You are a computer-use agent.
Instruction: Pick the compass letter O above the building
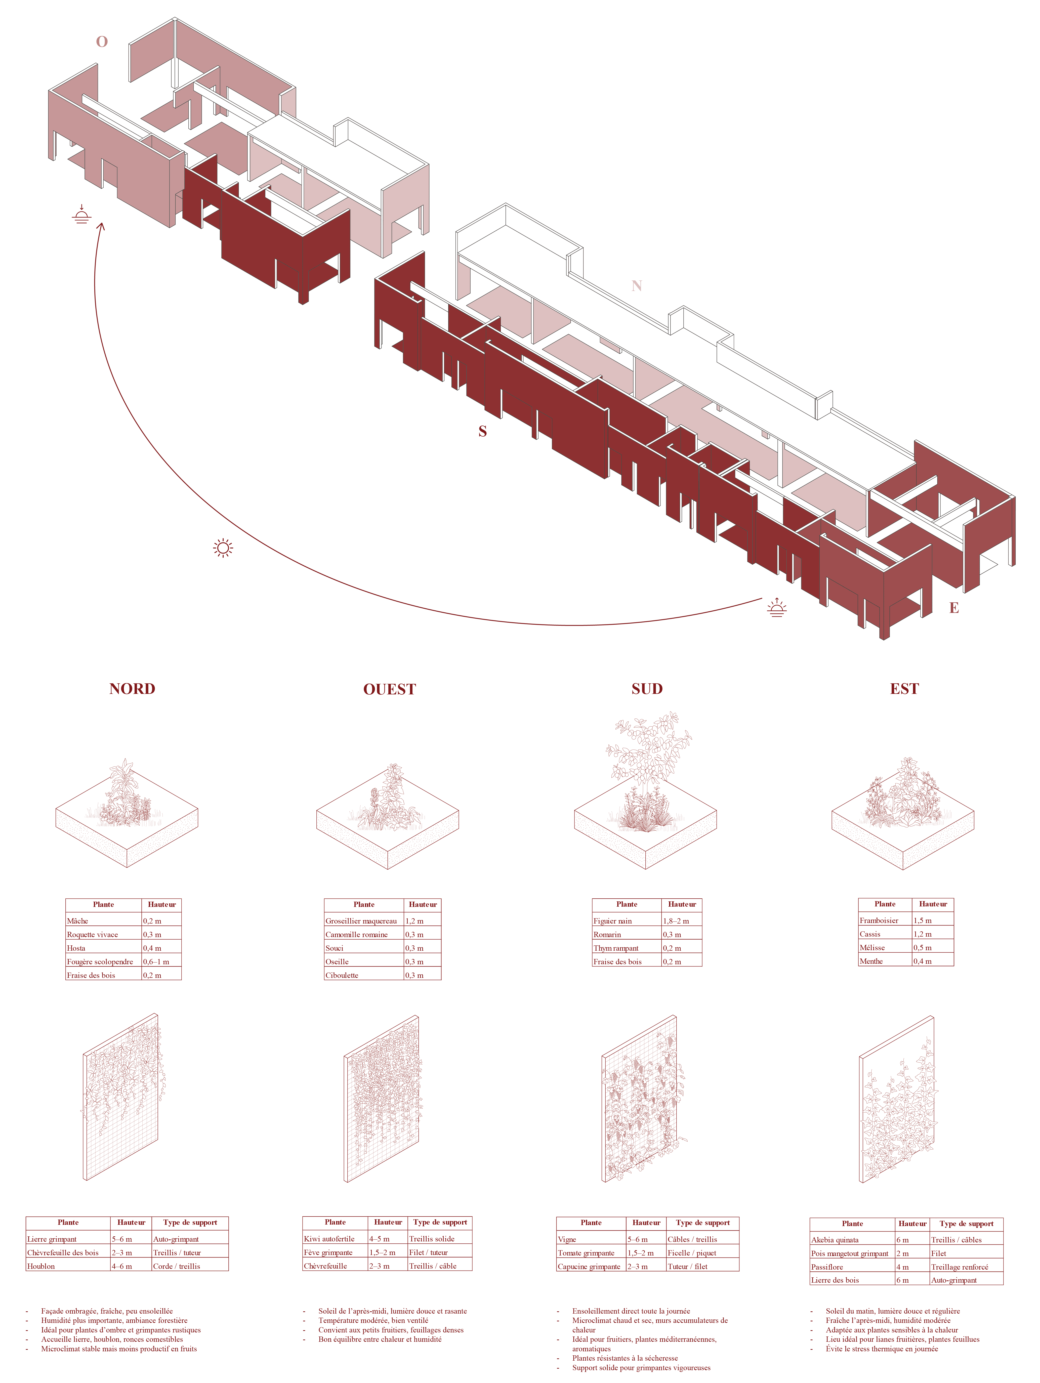[x=101, y=42]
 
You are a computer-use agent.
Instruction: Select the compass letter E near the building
[x=954, y=608]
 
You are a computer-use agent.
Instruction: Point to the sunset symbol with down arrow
[x=81, y=215]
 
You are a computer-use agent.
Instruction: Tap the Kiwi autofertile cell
[x=335, y=1239]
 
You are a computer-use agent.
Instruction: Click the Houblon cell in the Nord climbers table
[x=68, y=1266]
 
